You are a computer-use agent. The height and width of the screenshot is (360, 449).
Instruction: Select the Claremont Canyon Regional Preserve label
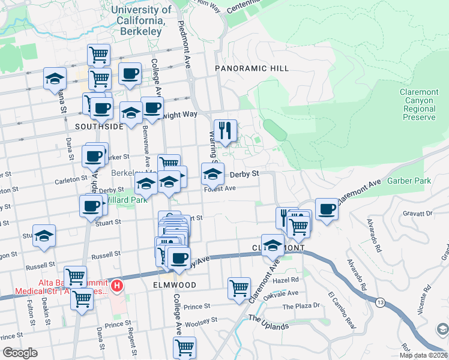click(418, 104)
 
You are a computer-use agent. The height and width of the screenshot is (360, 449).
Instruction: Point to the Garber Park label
click(409, 181)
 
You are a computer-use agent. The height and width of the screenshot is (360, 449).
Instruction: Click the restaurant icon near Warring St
click(225, 131)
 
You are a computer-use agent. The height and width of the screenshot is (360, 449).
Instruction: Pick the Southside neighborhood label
click(100, 127)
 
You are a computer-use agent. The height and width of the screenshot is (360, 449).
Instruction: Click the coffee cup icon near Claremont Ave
click(327, 209)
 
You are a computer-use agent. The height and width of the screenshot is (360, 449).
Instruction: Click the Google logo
click(20, 353)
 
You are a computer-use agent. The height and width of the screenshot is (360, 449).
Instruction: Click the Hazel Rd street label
click(286, 280)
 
